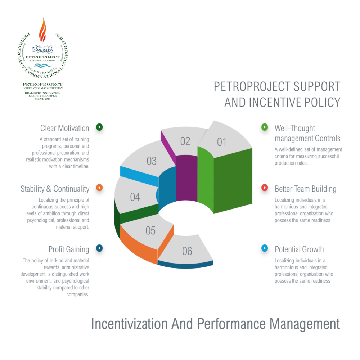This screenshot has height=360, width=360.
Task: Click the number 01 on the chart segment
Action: pyautogui.click(x=222, y=142)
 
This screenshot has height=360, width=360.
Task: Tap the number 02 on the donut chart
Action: pyautogui.click(x=185, y=141)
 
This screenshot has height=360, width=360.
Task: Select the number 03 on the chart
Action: pyautogui.click(x=152, y=161)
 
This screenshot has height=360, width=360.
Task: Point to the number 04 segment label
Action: pyautogui.click(x=135, y=197)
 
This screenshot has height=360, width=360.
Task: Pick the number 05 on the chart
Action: pyautogui.click(x=150, y=231)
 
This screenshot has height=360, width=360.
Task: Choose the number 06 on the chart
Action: pyautogui.click(x=187, y=251)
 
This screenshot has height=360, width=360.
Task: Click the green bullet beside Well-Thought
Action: pyautogui.click(x=265, y=127)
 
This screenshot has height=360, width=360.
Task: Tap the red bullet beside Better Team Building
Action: pyautogui.click(x=265, y=188)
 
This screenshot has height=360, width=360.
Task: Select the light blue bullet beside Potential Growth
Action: pyautogui.click(x=265, y=248)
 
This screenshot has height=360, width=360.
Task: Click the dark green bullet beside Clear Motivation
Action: pyautogui.click(x=100, y=127)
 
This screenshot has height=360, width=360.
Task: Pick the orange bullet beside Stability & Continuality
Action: pyautogui.click(x=100, y=188)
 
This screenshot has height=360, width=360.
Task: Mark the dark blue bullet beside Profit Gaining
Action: pyautogui.click(x=100, y=248)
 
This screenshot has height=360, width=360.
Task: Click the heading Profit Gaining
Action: pyautogui.click(x=69, y=249)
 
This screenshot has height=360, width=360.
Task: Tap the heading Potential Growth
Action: pyautogui.click(x=299, y=249)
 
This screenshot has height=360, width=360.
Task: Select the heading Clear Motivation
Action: pyautogui.click(x=65, y=129)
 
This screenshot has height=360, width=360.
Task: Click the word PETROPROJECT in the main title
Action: pyautogui.click(x=252, y=86)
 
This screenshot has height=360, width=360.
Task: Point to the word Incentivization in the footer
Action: pyautogui.click(x=129, y=324)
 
